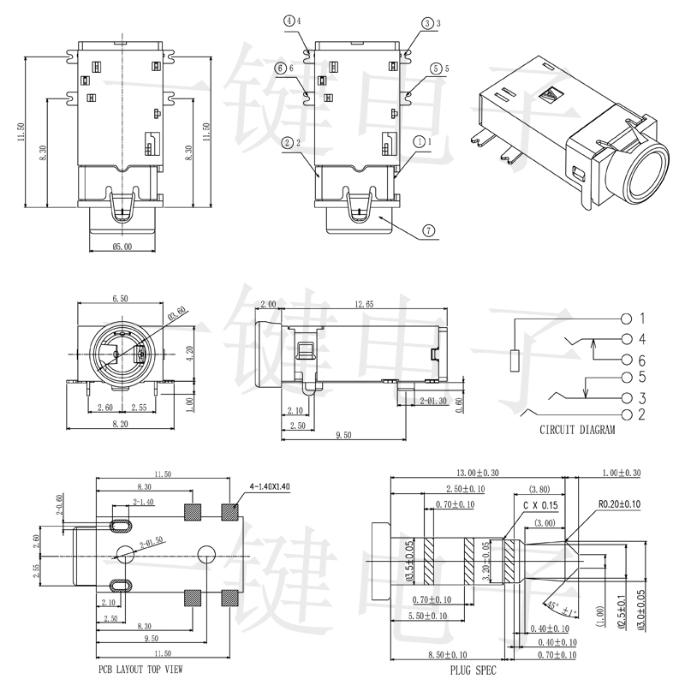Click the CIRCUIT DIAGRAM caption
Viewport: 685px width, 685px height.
click(x=576, y=431)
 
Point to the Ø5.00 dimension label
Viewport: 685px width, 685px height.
click(x=122, y=247)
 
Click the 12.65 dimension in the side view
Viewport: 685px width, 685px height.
click(x=363, y=304)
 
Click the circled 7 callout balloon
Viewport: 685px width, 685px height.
click(x=428, y=230)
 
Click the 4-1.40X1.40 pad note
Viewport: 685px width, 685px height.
click(x=270, y=486)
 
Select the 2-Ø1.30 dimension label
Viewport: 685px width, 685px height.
click(x=436, y=401)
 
